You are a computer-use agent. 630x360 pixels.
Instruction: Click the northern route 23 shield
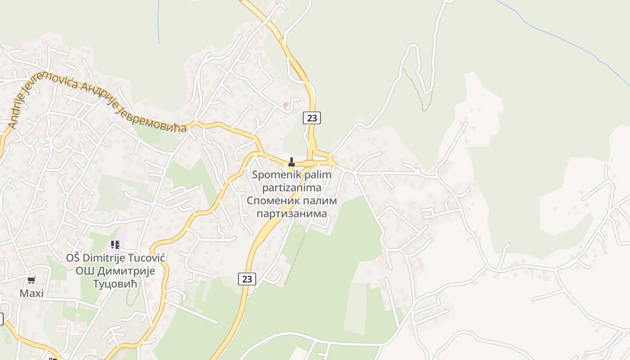tap(311, 118)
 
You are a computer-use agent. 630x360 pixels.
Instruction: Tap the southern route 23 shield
tap(247, 279)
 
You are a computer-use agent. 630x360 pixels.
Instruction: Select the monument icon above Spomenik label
tap(291, 162)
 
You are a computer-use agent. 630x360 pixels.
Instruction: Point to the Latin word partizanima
tap(292, 187)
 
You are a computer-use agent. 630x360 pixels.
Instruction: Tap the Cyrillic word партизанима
tap(292, 213)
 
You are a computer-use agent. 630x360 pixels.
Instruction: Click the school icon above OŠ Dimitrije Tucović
tap(115, 245)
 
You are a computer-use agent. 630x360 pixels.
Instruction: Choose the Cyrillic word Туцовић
tap(116, 283)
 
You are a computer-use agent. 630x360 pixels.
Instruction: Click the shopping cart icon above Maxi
tap(31, 280)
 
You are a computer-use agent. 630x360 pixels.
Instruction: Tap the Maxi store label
tap(31, 293)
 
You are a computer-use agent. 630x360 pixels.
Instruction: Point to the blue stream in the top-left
tap(158, 22)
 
